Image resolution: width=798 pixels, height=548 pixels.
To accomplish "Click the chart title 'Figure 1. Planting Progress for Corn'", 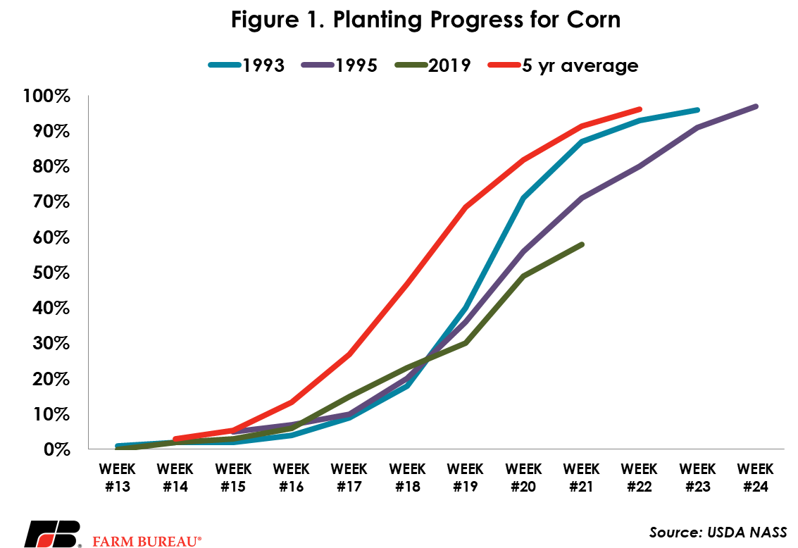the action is [x=425, y=20].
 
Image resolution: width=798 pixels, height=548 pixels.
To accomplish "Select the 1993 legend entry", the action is [x=247, y=65].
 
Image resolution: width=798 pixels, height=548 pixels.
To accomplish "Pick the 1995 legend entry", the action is [x=339, y=65].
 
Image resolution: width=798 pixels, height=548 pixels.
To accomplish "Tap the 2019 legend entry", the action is [x=432, y=65].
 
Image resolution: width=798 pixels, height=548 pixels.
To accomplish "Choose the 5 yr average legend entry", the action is [x=563, y=66].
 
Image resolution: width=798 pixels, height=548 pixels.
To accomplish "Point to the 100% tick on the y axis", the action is [x=46, y=96].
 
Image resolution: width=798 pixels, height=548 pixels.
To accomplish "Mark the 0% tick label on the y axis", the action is [x=56, y=449].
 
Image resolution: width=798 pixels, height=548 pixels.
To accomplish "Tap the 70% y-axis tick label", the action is [x=51, y=201].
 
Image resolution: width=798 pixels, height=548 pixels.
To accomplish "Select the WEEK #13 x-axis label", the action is [x=117, y=478].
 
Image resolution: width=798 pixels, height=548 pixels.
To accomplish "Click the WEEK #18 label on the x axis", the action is [x=407, y=478].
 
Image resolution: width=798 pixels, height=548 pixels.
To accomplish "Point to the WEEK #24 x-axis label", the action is [x=755, y=478].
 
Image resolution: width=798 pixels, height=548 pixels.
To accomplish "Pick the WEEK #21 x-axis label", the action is [x=581, y=478].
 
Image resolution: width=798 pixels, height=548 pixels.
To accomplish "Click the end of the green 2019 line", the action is [x=582, y=244].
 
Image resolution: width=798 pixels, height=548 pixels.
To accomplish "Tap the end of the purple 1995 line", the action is [x=756, y=106].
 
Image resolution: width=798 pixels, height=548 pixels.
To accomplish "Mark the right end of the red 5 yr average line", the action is [x=640, y=109].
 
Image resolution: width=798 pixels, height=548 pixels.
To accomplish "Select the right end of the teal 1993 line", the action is [x=697, y=110].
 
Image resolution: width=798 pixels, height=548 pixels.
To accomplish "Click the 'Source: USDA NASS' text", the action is [x=718, y=533].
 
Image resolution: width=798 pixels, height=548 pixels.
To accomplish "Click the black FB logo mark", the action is [x=53, y=534].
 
